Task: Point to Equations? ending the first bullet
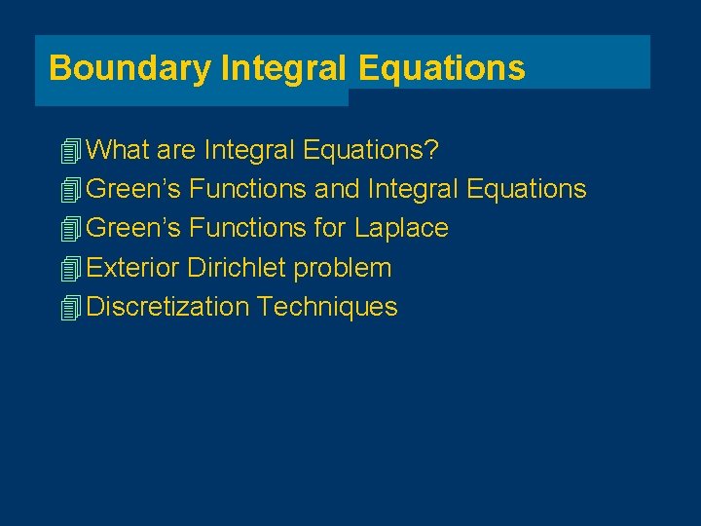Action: click(372, 150)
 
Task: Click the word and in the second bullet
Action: click(337, 189)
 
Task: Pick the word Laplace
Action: click(401, 228)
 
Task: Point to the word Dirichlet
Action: click(237, 268)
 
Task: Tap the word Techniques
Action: click(327, 307)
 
